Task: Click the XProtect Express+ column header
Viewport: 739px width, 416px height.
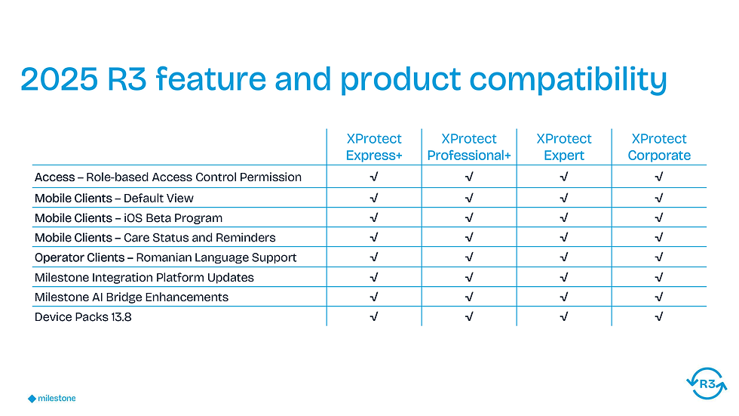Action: click(x=374, y=146)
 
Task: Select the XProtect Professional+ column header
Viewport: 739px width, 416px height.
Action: click(x=469, y=146)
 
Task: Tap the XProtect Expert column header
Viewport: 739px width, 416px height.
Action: click(x=564, y=146)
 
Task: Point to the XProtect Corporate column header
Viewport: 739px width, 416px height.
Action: click(x=659, y=146)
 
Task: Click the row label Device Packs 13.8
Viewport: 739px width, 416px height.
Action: click(x=83, y=317)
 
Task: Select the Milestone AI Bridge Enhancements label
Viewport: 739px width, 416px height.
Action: click(x=131, y=297)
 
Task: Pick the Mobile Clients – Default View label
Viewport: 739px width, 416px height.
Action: click(x=114, y=198)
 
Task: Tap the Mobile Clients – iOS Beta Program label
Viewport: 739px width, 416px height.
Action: click(x=128, y=218)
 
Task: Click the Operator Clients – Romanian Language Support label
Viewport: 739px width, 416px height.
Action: click(x=165, y=257)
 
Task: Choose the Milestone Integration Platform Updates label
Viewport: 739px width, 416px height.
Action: click(x=144, y=277)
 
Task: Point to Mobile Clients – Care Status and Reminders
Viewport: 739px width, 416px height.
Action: click(x=155, y=238)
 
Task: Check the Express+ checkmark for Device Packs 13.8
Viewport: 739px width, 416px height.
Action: click(x=374, y=317)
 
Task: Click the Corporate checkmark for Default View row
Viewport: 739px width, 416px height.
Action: click(x=659, y=198)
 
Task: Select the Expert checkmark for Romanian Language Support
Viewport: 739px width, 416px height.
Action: click(x=564, y=257)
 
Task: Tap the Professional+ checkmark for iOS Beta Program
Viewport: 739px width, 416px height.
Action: click(x=469, y=218)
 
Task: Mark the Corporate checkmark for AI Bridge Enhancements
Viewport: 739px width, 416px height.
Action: click(x=659, y=297)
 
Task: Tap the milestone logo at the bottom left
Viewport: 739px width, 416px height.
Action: click(x=52, y=399)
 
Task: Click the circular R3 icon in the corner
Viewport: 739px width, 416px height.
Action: click(x=707, y=384)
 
